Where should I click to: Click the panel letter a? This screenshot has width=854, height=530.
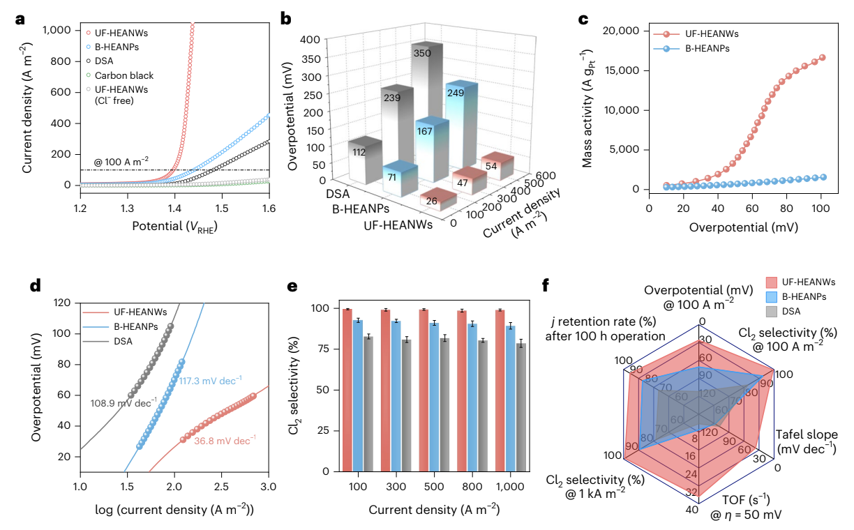point(20,20)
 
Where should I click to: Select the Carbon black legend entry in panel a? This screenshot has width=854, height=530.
point(126,75)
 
